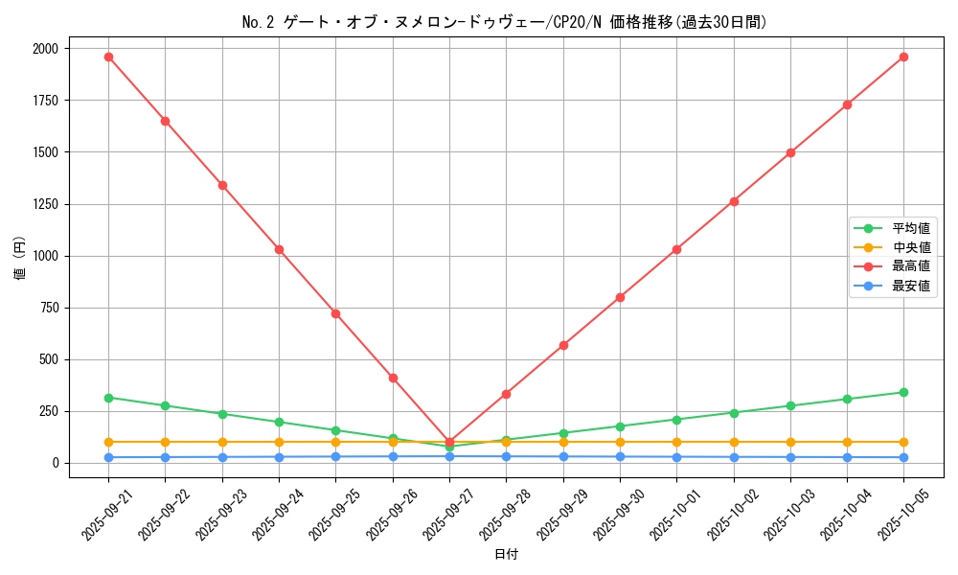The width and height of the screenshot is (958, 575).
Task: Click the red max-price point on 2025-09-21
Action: (x=108, y=57)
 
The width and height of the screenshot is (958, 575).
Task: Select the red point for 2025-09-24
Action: (x=279, y=249)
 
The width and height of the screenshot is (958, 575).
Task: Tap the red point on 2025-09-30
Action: (x=620, y=297)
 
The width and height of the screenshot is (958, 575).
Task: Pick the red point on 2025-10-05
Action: (x=903, y=57)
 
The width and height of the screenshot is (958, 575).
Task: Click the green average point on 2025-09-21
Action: (x=108, y=398)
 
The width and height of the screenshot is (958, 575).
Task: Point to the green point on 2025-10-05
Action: (x=903, y=392)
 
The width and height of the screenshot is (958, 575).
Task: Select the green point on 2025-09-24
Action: (x=279, y=422)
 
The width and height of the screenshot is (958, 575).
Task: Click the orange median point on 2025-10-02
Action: (x=734, y=442)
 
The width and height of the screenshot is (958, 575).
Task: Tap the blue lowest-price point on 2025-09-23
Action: (x=222, y=457)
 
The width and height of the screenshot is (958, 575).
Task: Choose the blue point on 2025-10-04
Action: (x=847, y=457)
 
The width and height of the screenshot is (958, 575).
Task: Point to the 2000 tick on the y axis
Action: (x=45, y=49)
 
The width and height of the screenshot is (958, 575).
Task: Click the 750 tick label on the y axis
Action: (x=48, y=308)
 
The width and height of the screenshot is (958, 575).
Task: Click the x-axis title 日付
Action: (x=506, y=555)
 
